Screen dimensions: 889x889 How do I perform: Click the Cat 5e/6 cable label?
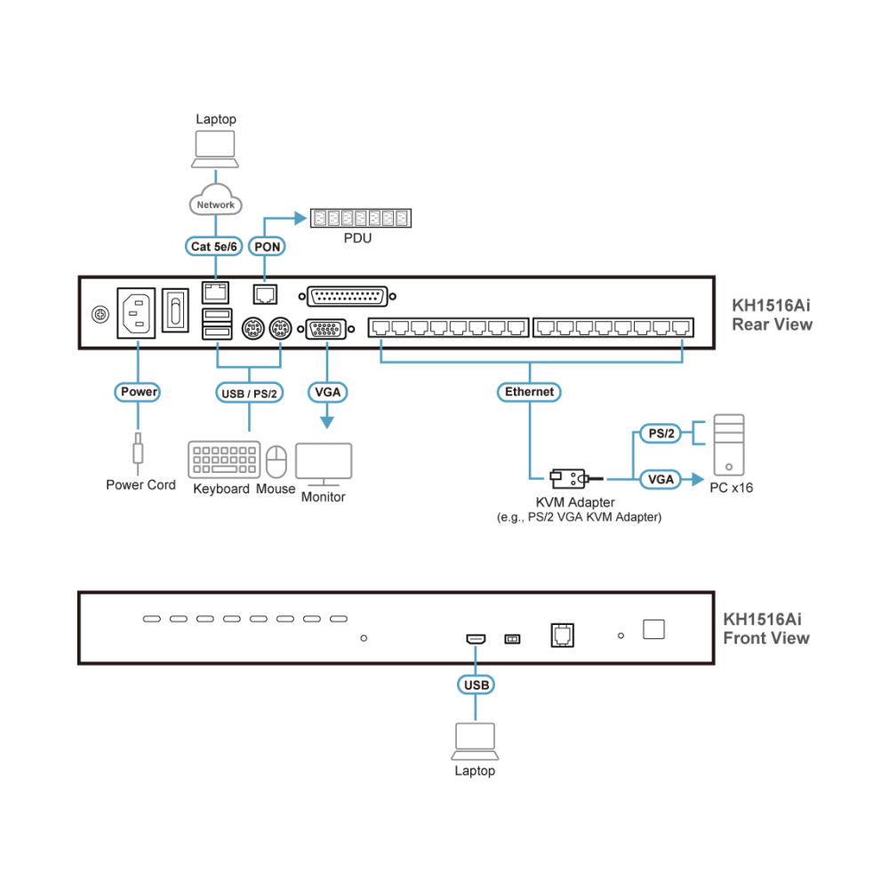[213, 246]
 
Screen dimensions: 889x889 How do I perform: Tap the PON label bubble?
[267, 246]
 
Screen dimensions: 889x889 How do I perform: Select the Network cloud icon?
[215, 200]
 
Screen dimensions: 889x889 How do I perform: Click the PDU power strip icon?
[361, 219]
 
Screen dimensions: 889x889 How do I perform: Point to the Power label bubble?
[138, 392]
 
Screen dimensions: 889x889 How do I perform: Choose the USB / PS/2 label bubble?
[249, 393]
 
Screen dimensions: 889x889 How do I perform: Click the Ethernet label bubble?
[529, 392]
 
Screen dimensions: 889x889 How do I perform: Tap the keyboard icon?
[224, 460]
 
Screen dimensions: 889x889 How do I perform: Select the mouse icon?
[276, 461]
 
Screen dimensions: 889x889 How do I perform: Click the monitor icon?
[324, 464]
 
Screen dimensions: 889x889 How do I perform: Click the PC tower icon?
[729, 445]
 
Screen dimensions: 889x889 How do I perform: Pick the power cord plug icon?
[138, 453]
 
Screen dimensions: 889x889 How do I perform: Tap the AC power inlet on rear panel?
[136, 313]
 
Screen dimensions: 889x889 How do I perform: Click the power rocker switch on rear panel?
[175, 310]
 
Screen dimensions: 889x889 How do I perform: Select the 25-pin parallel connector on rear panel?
[347, 296]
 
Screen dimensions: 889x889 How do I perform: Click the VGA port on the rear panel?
[326, 329]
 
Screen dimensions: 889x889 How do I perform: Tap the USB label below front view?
[476, 685]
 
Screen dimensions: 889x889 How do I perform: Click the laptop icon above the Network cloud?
[215, 149]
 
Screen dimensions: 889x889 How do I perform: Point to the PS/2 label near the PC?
[661, 434]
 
